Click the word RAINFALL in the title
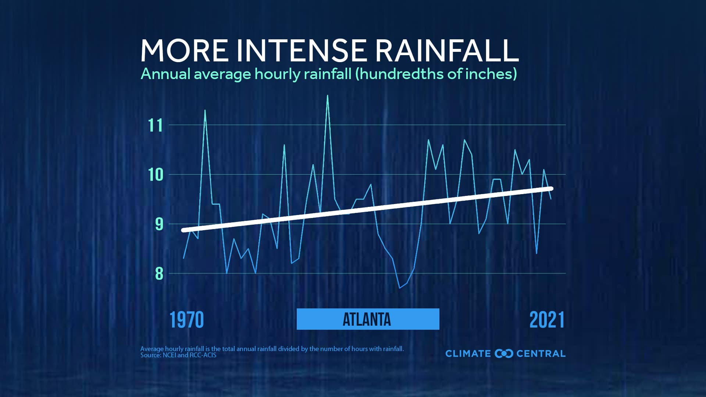click(x=446, y=50)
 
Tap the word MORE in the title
click(x=184, y=50)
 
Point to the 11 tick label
click(x=155, y=125)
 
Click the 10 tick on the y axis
click(x=155, y=175)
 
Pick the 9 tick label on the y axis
click(x=159, y=224)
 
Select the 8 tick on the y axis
click(x=159, y=273)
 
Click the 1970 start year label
click(x=186, y=320)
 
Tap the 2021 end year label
click(x=547, y=320)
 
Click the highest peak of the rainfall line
click(x=328, y=96)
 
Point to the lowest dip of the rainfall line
click(x=400, y=288)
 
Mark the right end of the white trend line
click(x=551, y=189)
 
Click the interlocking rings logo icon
click(x=504, y=354)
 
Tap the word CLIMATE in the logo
click(x=468, y=354)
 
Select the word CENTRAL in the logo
click(x=541, y=354)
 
